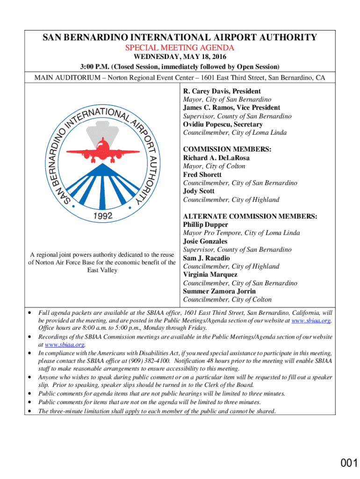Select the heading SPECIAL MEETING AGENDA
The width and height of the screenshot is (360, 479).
coord(180,48)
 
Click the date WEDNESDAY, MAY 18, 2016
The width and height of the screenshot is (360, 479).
coord(180,57)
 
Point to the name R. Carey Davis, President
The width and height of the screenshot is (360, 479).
coord(222,91)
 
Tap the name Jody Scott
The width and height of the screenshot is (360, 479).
coord(199,191)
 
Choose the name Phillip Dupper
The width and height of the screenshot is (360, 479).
coord(205,225)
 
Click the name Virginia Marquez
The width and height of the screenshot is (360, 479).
coord(210,275)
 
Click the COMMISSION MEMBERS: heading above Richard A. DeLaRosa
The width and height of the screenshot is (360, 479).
coord(227,150)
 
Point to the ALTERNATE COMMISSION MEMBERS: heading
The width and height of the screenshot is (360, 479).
coord(250,216)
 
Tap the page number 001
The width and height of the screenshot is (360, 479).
coord(349,463)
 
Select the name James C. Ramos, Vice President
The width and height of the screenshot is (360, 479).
coord(231,108)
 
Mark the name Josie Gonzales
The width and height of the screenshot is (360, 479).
coord(205,241)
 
